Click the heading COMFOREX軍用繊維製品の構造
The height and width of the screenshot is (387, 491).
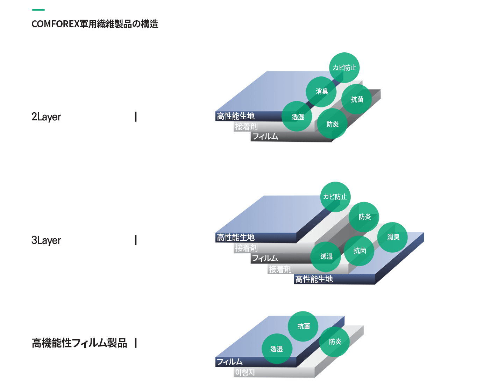click(95, 24)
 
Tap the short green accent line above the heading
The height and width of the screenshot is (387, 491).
click(38, 10)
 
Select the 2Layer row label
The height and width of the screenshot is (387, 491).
click(46, 117)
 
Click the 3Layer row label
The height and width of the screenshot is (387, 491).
click(46, 240)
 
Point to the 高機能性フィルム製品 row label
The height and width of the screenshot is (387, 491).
click(79, 343)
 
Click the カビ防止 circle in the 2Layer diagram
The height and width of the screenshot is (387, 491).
click(344, 68)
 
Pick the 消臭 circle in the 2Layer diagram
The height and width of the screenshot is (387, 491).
click(321, 92)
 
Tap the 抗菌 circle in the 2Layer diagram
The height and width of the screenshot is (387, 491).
click(357, 99)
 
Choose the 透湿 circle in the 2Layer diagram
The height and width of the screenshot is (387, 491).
click(297, 117)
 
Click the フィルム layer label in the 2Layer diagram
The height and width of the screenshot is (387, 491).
click(265, 136)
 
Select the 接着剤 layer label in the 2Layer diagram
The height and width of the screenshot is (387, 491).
click(247, 126)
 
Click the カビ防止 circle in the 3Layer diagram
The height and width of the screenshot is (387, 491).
click(335, 197)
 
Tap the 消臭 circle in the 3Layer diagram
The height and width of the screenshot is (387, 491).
click(392, 237)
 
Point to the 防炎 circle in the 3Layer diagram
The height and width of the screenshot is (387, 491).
click(364, 217)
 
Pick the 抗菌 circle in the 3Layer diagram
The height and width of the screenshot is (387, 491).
click(359, 251)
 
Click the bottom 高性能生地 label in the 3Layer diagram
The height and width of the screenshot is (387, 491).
click(314, 279)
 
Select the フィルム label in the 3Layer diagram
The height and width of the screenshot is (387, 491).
click(265, 258)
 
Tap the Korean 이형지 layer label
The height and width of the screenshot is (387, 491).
click(245, 372)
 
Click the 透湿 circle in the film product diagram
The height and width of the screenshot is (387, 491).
click(277, 349)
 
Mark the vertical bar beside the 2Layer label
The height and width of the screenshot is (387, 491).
click(136, 117)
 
